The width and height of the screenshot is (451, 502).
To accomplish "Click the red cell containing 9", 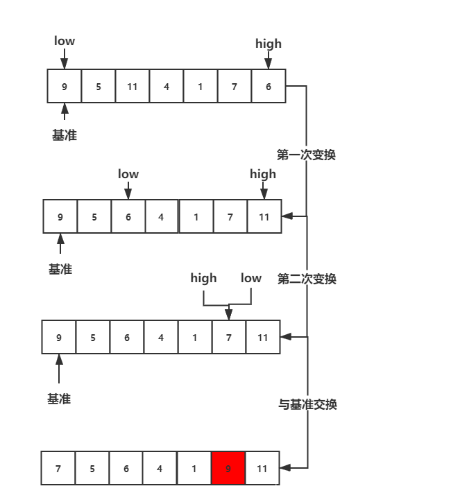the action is pos(228,469).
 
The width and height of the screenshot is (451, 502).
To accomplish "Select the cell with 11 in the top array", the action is pos(132,87).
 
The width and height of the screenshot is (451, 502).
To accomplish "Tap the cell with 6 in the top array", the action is pos(268,87).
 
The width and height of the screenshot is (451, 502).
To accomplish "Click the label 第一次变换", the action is pos(306,155).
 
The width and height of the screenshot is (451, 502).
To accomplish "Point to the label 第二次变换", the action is pos(307,279).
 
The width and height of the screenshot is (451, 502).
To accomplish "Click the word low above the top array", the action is pos(65,42).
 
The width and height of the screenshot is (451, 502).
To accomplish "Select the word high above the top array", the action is pos(269,44).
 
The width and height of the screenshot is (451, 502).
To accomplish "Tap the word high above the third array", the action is pos(203,278).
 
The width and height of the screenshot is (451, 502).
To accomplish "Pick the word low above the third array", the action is pos(250,278).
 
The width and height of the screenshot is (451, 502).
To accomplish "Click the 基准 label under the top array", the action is pos(65,135).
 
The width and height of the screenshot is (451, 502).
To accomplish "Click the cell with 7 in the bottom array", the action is pos(58,469).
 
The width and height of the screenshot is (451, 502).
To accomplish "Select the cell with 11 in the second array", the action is pos(264,217).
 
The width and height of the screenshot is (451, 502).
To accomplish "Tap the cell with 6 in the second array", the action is pos(128,217).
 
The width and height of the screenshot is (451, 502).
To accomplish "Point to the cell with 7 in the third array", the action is pos(229,338).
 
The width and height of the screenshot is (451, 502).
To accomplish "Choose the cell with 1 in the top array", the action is pos(200,87).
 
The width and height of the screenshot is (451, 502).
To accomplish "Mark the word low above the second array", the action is pos(128,174).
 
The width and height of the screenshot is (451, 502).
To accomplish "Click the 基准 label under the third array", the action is pos(59,399).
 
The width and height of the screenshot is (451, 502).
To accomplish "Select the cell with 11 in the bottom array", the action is pos(262,469).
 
